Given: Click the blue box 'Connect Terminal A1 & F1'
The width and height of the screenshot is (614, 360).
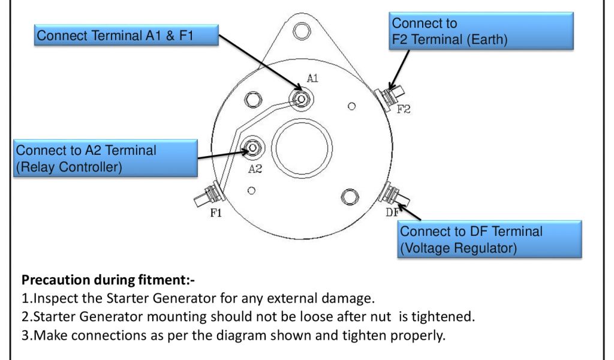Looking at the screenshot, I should coord(125,36).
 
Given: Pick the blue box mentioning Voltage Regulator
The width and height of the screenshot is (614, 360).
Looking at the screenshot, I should coord(489,239).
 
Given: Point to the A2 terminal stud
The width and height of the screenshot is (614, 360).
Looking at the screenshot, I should coord(253,147).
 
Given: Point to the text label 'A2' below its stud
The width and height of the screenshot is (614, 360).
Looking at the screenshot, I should coord(255,169).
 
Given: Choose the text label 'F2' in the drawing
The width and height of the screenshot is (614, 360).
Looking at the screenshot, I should coord(404,109).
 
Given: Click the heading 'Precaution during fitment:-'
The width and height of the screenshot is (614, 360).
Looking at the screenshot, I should coord(109,280).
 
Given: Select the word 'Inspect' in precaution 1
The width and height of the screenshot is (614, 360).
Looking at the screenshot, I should coord(53,298).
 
